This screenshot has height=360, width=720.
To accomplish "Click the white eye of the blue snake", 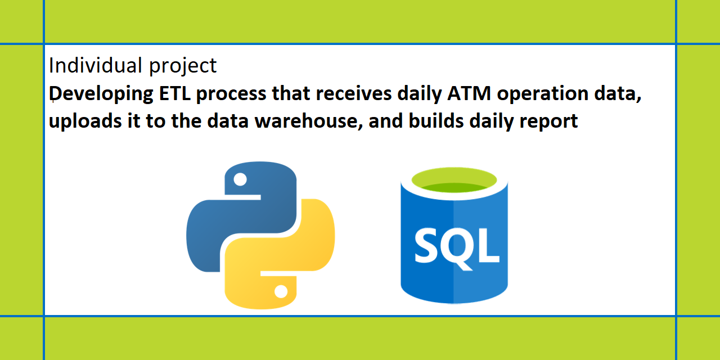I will (240, 180).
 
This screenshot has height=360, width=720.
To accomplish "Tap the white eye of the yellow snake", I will (281, 291).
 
